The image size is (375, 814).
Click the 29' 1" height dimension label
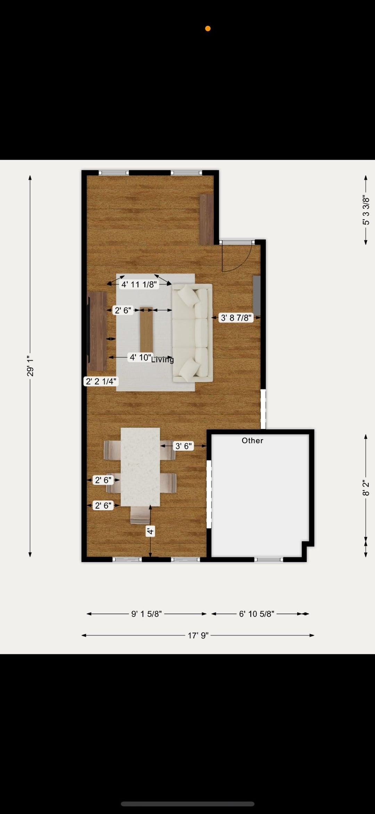(30, 365)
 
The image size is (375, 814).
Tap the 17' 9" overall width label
(198, 636)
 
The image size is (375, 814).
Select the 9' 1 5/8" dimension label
(147, 614)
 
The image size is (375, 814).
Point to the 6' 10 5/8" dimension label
(257, 614)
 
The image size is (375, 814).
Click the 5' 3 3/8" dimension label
(366, 210)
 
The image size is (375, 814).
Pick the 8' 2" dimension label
(366, 488)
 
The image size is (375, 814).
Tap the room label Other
(252, 441)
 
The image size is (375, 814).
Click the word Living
(162, 360)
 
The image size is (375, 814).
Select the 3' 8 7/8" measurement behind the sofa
(236, 318)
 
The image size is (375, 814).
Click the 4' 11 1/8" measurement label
(139, 284)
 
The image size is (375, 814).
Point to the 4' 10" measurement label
(140, 357)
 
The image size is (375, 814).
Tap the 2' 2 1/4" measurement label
(101, 381)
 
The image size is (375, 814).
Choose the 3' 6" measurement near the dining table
(183, 446)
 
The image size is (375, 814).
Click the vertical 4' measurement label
(150, 531)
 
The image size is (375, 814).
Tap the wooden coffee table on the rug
(147, 329)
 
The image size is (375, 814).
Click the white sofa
(193, 333)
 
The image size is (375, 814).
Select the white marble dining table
(140, 467)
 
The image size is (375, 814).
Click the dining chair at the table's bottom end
(140, 515)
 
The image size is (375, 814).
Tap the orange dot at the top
(208, 29)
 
